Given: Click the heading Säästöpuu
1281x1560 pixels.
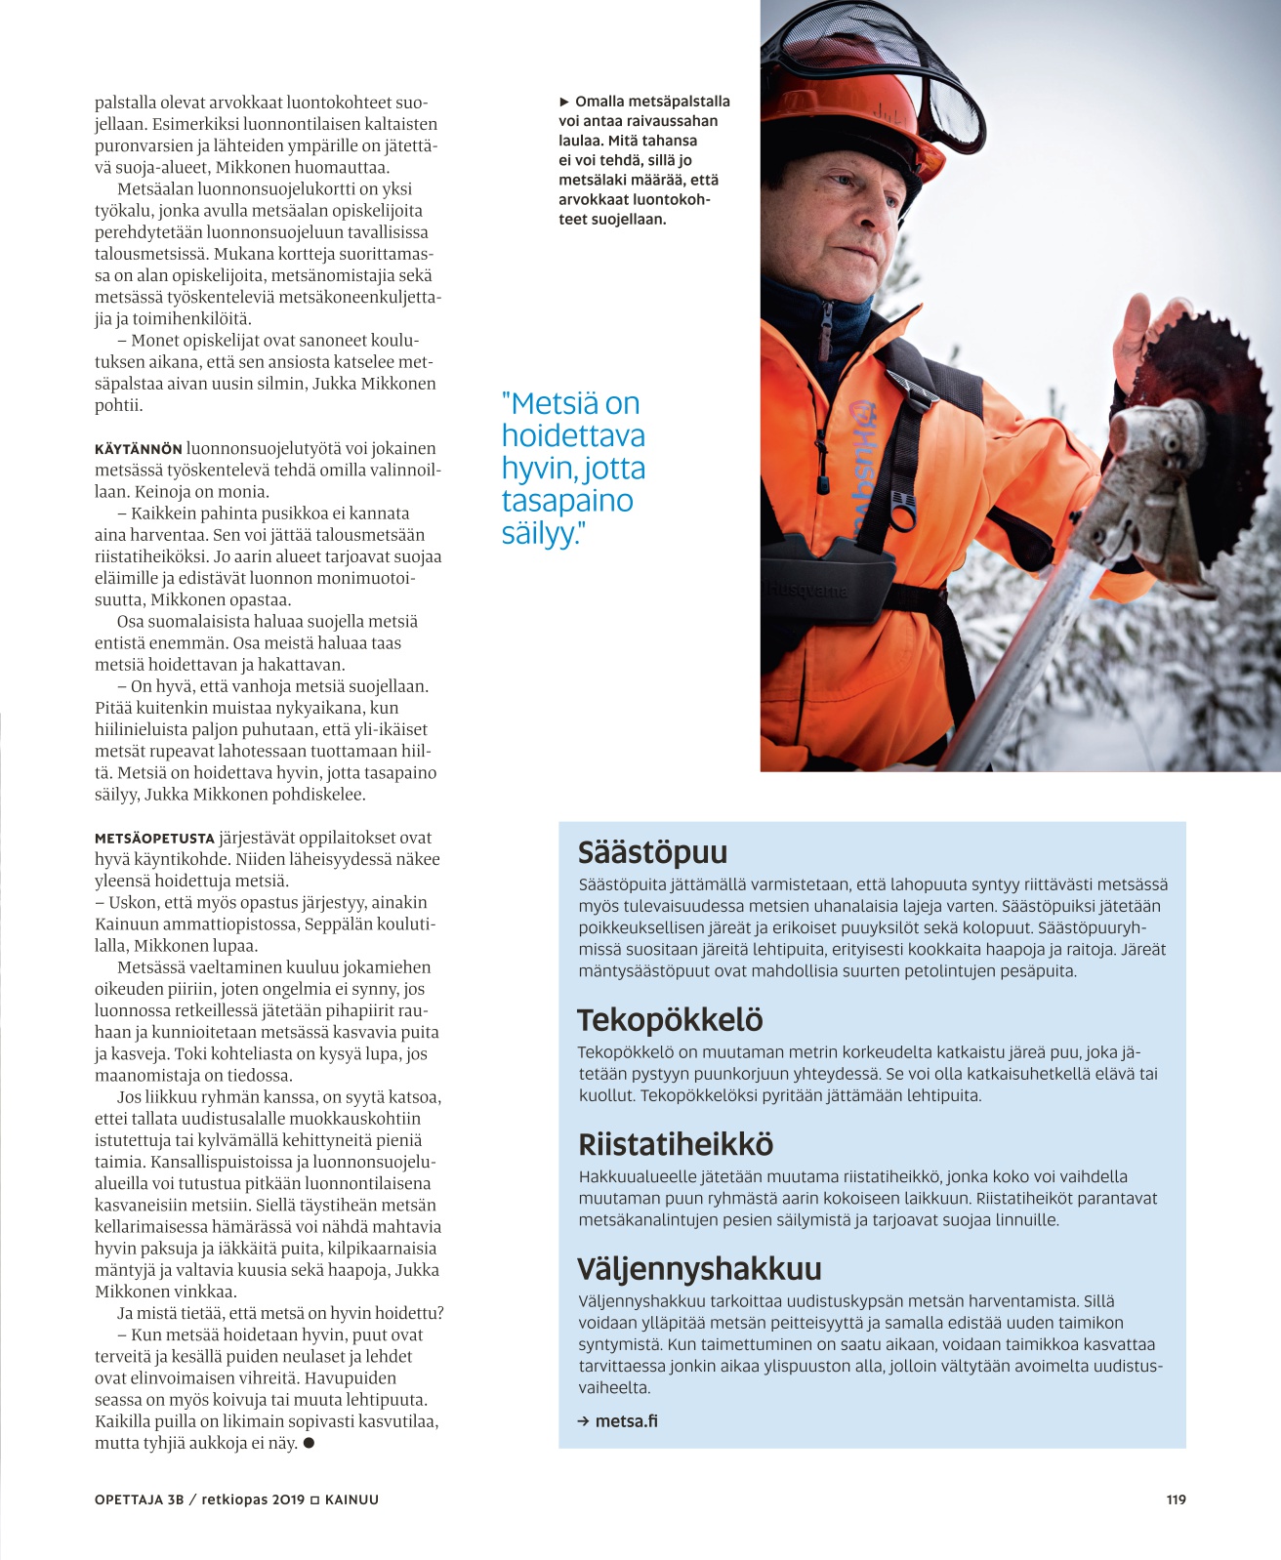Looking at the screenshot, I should point(652,852).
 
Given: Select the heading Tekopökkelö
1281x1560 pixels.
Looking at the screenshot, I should point(670,1020).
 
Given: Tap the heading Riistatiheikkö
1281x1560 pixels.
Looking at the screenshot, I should point(676,1144).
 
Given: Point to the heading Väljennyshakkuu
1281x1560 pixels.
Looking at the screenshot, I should point(699,1269).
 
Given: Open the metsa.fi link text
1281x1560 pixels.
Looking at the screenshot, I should point(626,1421).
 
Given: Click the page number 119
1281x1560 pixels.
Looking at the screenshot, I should point(1176,1499).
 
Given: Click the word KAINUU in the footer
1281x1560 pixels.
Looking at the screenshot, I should point(351,1499).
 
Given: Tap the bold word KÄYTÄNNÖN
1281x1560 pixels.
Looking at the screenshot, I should point(138,450).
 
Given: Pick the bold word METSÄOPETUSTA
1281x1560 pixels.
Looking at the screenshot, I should point(154,839).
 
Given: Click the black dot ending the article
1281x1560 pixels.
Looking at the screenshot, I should point(309,1443).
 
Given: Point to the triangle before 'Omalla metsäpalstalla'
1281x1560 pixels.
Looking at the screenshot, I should point(564,102).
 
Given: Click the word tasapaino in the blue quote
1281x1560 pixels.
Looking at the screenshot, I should point(567,501).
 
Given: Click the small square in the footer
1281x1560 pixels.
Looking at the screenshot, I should point(314,1499).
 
